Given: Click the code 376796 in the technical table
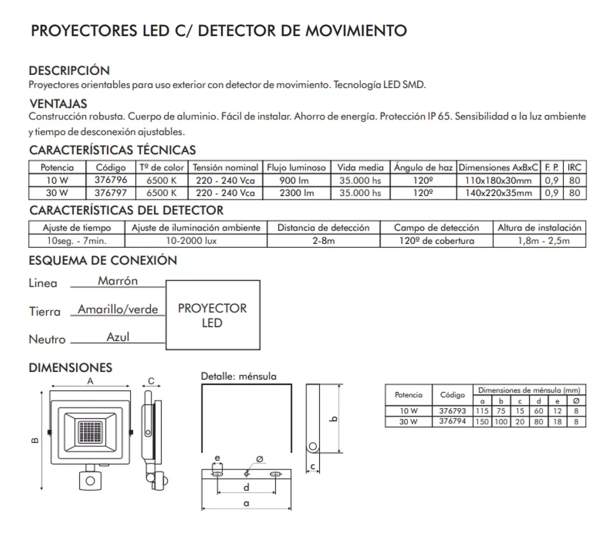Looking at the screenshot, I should (x=111, y=180).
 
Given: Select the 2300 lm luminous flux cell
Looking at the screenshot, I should (x=296, y=193).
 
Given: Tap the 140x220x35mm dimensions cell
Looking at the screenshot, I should (x=498, y=193).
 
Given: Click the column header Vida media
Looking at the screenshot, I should (x=360, y=168).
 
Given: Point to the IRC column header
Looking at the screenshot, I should (x=574, y=168).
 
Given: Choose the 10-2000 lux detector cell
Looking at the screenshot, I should (x=196, y=240).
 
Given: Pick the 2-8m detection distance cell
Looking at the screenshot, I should (x=323, y=240).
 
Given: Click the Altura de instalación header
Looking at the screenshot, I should (x=539, y=228).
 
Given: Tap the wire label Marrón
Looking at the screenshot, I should (x=118, y=281).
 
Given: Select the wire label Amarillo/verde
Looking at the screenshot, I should (x=118, y=309).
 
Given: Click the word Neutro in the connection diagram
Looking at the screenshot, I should (x=47, y=339).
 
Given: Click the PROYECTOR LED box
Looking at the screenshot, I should (x=212, y=315).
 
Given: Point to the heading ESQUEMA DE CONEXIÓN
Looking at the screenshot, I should (x=102, y=260).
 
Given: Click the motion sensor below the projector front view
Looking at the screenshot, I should (x=91, y=480).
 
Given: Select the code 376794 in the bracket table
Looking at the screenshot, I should (x=452, y=421).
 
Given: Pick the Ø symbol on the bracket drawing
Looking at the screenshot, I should (x=259, y=459).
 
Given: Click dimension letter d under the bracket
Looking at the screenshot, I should (x=247, y=487).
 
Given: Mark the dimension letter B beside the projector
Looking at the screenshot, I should (x=34, y=440).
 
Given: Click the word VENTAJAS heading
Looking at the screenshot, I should (x=58, y=104).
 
